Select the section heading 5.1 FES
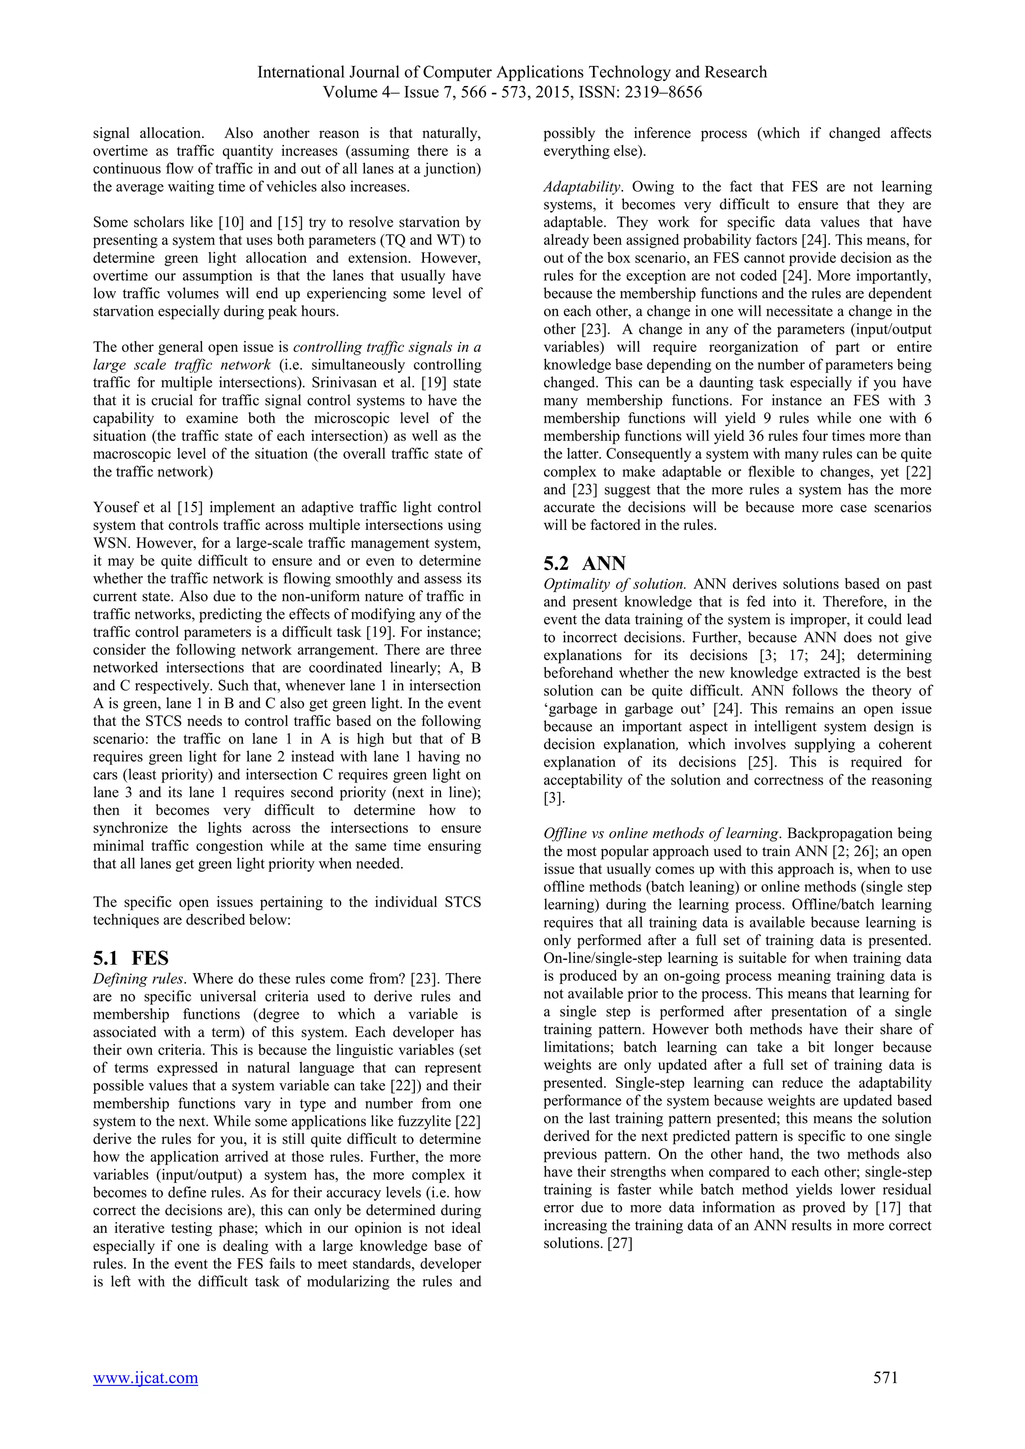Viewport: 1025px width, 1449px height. tap(131, 958)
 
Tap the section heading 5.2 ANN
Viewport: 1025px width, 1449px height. tap(585, 563)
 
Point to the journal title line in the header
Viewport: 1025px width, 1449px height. tap(512, 72)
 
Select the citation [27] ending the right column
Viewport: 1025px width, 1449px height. tap(619, 1243)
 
